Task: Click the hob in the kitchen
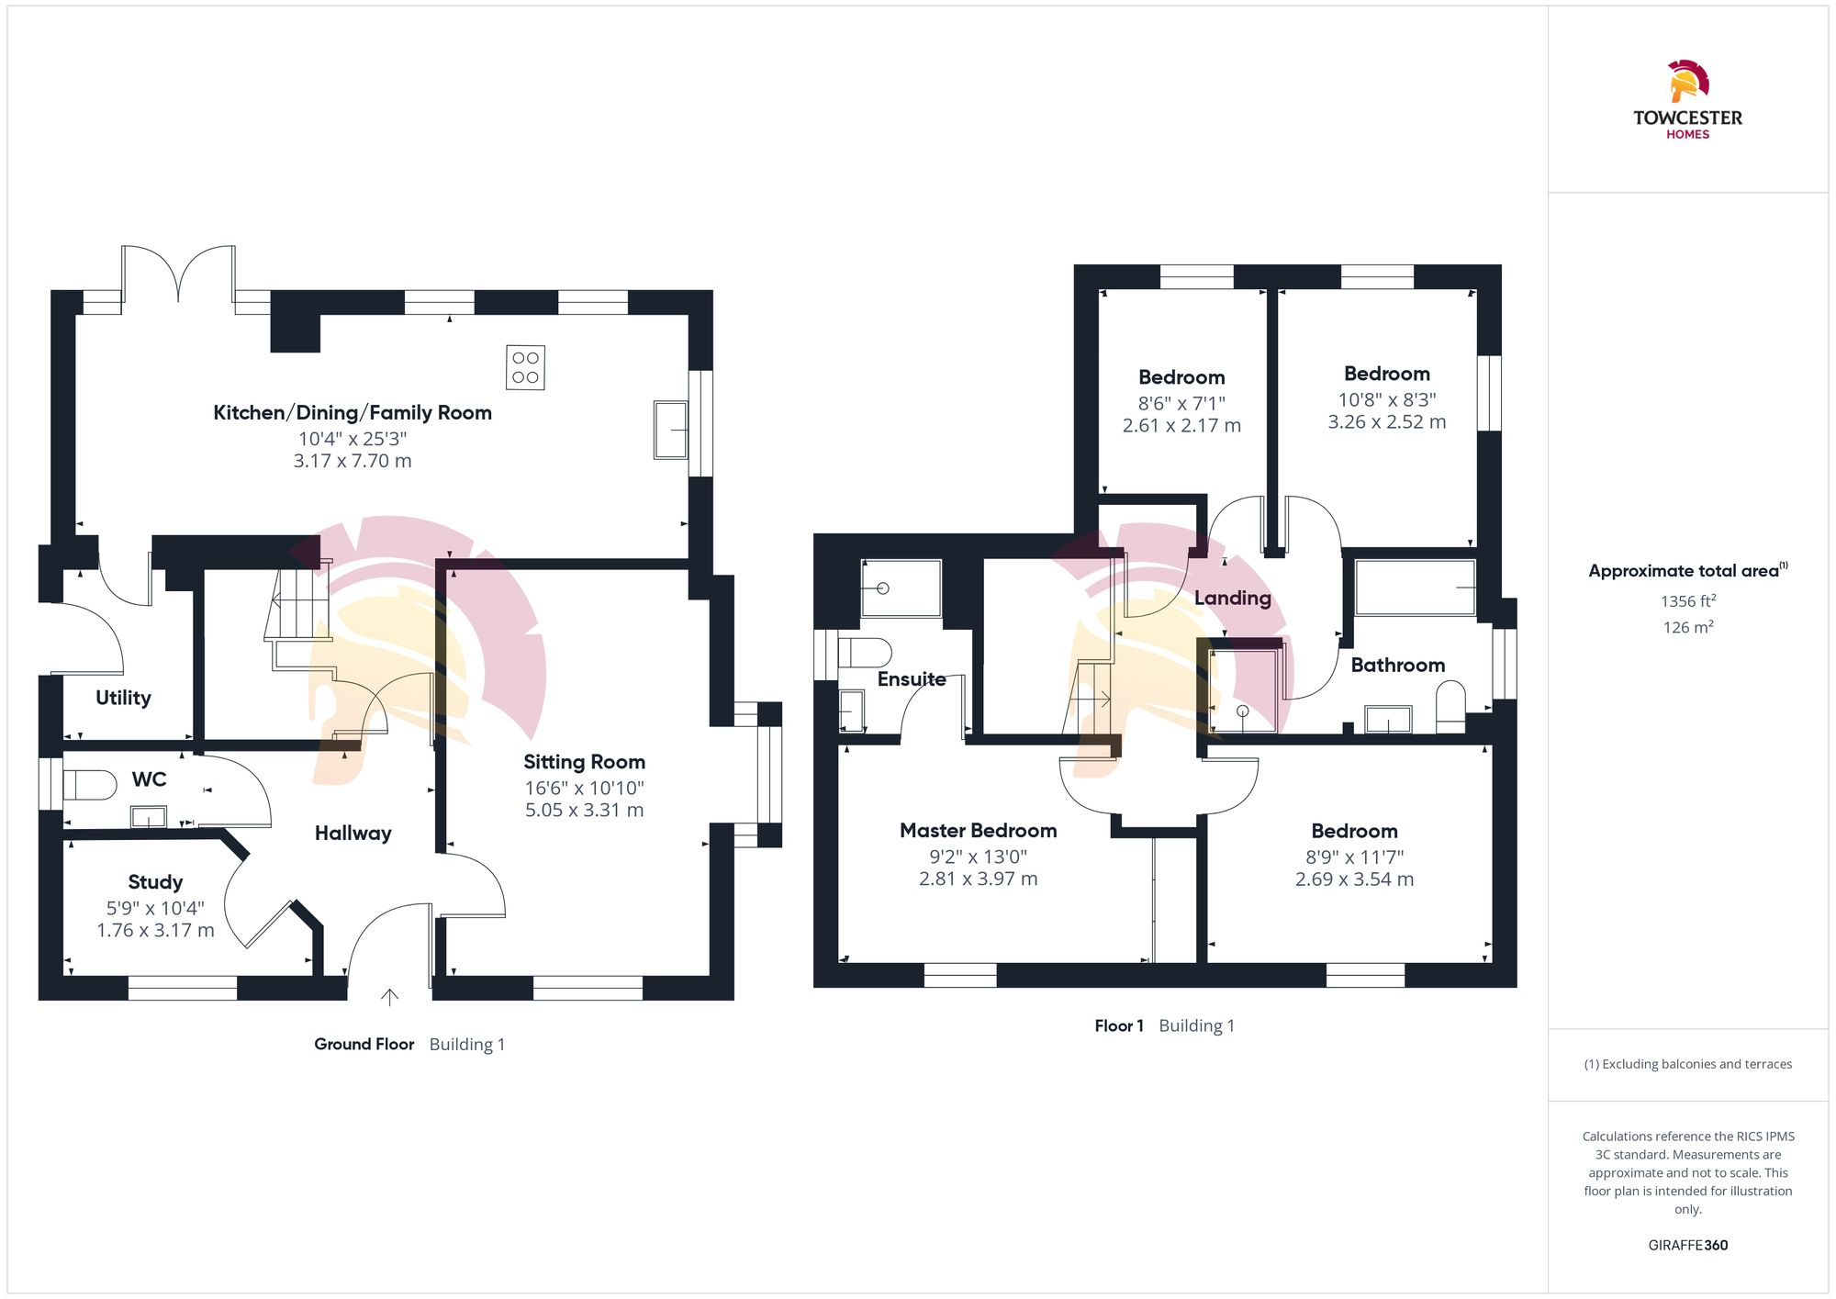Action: point(525,367)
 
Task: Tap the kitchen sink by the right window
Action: point(670,429)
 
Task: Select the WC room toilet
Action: point(89,785)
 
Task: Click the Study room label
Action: point(155,882)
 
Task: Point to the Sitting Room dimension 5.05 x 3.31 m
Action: point(584,810)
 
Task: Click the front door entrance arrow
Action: point(389,997)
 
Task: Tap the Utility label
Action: point(123,698)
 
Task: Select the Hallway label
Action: point(353,833)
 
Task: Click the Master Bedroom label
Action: point(978,831)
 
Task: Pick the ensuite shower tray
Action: point(901,588)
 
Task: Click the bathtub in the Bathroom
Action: point(1415,588)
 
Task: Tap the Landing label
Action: point(1232,599)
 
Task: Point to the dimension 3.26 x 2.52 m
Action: point(1386,422)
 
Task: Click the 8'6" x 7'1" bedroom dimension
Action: point(1181,403)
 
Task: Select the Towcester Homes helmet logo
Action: point(1687,82)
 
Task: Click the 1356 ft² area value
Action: point(1687,601)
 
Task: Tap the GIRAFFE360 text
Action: point(1687,1246)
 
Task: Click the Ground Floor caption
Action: point(364,1044)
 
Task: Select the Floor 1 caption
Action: point(1118,1025)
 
